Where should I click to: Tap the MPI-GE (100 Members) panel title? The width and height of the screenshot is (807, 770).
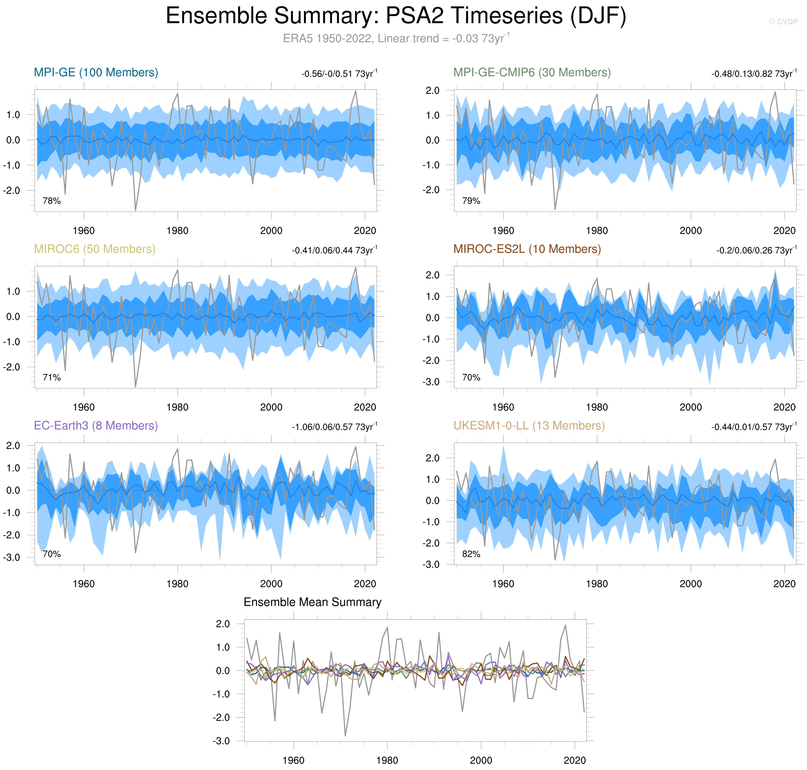[96, 73]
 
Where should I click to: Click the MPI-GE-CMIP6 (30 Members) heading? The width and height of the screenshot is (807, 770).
[532, 73]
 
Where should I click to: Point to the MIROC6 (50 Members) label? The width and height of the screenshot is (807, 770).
[94, 249]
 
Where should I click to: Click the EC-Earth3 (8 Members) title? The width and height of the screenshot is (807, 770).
[96, 426]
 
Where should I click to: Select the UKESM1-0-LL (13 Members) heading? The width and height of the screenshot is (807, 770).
[529, 426]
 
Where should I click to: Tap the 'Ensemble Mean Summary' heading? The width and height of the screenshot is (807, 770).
[312, 602]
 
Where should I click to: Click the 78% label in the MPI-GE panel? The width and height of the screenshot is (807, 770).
[52, 201]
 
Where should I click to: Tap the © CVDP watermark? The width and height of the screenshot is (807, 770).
[783, 22]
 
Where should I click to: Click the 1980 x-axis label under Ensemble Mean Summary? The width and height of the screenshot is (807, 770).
[387, 760]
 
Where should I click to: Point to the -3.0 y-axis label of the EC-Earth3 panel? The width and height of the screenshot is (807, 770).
[12, 557]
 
